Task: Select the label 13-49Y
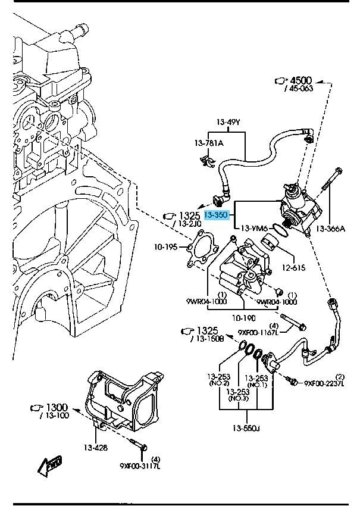pos(228,123)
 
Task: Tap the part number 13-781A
pos(208,143)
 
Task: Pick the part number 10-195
pos(167,246)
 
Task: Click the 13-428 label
pos(95,448)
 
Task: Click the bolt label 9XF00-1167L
pos(258,333)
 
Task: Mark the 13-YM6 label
pos(254,228)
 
